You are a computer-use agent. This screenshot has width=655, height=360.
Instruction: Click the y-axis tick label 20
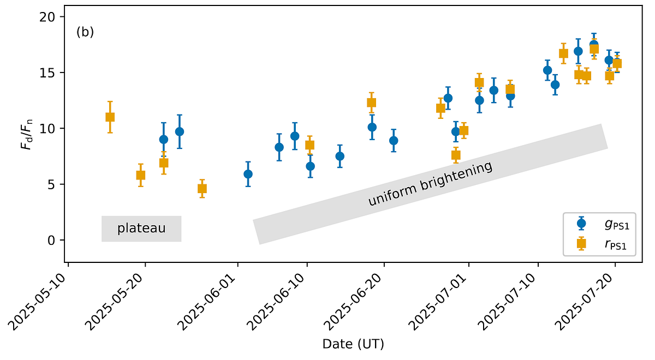click(x=50, y=17)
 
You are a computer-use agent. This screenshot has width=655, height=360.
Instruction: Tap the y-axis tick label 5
click(x=53, y=184)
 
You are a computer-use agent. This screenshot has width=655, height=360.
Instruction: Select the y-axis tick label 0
click(x=53, y=240)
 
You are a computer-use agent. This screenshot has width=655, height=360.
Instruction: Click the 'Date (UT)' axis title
click(x=353, y=344)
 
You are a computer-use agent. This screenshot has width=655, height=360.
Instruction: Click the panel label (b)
click(x=85, y=32)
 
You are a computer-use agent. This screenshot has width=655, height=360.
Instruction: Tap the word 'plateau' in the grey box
click(x=141, y=228)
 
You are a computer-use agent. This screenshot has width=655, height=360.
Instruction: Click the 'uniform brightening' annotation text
click(x=430, y=184)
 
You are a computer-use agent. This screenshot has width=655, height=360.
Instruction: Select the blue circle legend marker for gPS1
click(x=581, y=223)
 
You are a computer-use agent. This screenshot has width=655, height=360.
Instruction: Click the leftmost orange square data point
click(x=110, y=117)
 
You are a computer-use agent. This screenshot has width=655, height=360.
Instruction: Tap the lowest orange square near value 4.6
click(x=202, y=189)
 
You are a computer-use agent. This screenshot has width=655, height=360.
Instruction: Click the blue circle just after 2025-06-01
click(x=248, y=174)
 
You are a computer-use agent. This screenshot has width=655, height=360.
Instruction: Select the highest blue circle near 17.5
click(x=594, y=44)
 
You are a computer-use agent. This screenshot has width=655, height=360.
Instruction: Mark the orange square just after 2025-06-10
click(x=309, y=145)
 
